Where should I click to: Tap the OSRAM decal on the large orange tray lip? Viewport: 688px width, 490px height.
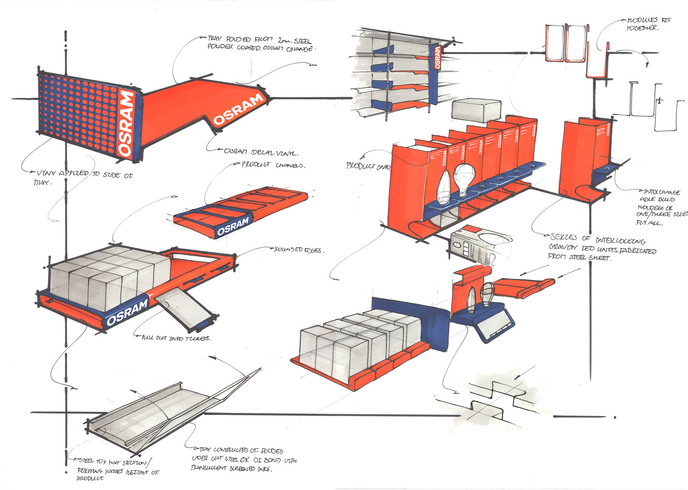tap(239, 109)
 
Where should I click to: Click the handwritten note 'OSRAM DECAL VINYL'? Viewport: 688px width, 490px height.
tap(261, 152)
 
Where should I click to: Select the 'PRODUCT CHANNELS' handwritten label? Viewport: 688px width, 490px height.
tap(273, 165)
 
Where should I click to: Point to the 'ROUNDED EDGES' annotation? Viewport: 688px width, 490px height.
tap(299, 250)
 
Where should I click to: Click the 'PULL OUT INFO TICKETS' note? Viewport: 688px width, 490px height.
tap(176, 338)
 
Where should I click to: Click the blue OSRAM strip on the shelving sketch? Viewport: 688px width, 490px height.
tap(437, 57)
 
